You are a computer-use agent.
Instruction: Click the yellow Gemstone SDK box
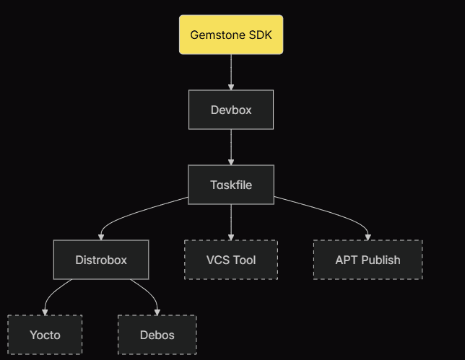click(x=231, y=35)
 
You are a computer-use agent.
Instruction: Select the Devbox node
click(x=231, y=110)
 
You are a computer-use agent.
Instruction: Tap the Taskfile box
click(x=231, y=185)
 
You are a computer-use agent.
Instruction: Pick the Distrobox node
click(x=101, y=260)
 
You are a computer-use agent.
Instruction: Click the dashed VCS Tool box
click(x=231, y=260)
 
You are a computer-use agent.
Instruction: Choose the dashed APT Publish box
click(x=368, y=260)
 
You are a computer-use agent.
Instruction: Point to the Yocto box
click(x=45, y=335)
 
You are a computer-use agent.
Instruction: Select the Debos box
click(x=157, y=335)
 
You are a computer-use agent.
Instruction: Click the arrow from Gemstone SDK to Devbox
click(x=231, y=72)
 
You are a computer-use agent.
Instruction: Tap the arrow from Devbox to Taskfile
click(x=231, y=147)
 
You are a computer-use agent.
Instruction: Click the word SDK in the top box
click(x=261, y=35)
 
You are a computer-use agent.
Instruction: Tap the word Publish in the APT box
click(x=381, y=260)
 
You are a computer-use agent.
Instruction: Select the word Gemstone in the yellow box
click(x=216, y=35)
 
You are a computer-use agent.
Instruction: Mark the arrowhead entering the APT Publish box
click(x=368, y=237)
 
